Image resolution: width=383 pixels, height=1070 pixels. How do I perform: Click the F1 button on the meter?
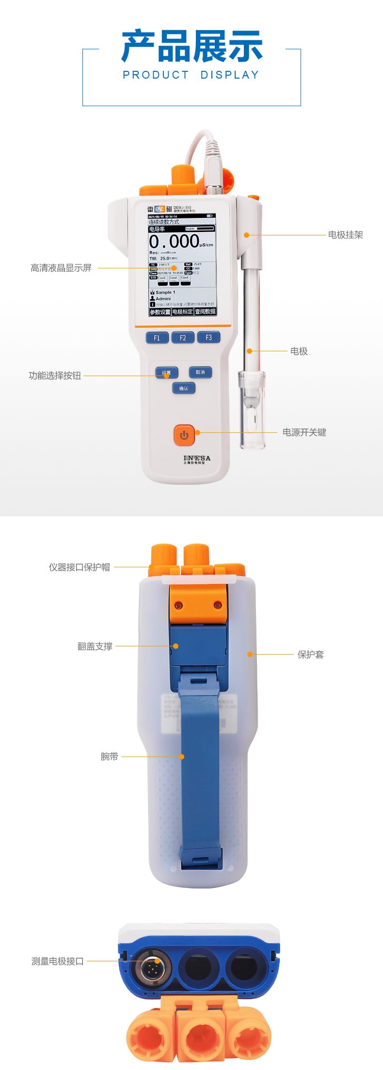pos(157,338)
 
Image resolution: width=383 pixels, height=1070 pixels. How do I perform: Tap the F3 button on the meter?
pos(208,337)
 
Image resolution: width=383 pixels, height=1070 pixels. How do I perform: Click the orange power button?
pos(184,435)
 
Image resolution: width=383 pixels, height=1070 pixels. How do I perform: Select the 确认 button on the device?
pos(184,388)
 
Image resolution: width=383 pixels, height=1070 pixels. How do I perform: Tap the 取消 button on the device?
pos(200,372)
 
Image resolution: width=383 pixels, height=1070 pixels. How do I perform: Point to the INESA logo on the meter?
pos(197,458)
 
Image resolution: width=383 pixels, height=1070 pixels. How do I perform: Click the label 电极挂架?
pos(345,235)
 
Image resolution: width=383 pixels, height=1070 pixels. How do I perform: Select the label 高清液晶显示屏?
pos(61,268)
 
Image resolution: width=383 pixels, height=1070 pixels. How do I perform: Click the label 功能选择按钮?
pos(55,376)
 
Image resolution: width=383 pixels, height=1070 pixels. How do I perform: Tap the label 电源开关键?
pos(304,432)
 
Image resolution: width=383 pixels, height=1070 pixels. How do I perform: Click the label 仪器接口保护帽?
pos(79,567)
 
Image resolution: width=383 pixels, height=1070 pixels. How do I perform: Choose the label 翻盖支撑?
pos(95,646)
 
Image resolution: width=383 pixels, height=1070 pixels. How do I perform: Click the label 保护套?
pos(310,655)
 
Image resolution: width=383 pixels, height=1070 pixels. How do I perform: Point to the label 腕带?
pos(110,757)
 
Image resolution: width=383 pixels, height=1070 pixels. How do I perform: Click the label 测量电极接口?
pos(58,961)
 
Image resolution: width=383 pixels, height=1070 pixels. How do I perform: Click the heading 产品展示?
pos(191,47)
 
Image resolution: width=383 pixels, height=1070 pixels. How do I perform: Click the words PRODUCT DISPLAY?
pos(191,75)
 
